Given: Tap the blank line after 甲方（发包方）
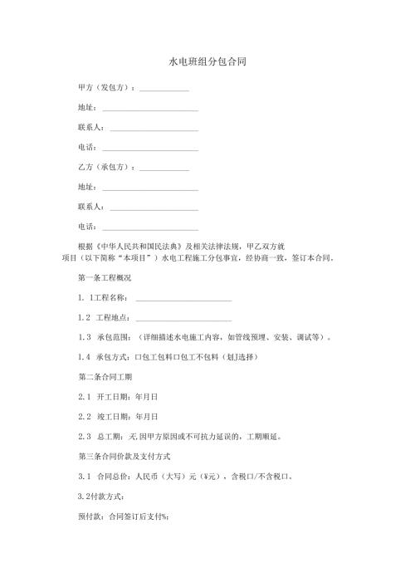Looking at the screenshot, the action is tap(164, 90).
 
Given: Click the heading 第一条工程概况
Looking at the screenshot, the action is tap(104, 277).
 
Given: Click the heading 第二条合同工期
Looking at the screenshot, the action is tap(104, 377).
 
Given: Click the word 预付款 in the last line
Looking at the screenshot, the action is tap(88, 516).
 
